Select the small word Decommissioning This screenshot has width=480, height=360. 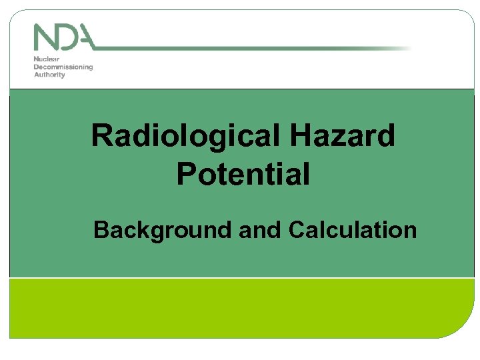63,67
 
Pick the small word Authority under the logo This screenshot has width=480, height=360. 49,75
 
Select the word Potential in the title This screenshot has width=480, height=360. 243,175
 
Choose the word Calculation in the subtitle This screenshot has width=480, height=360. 353,230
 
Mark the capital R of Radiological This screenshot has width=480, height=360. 102,137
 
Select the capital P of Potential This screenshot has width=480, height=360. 187,175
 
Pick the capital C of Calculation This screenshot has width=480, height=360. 297,230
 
